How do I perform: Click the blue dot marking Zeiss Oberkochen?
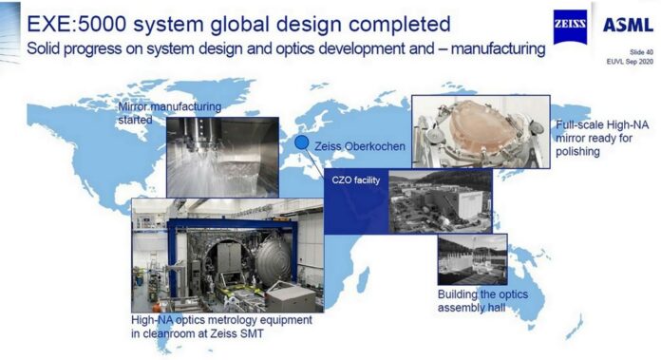(301, 142)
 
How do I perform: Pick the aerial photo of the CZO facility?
(440, 200)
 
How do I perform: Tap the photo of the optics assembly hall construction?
(472, 258)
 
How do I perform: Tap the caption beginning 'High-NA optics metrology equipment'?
(221, 327)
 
